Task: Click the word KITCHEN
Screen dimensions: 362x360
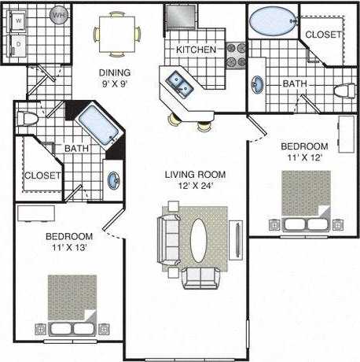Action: tap(196, 50)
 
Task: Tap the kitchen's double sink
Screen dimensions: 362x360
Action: tap(177, 82)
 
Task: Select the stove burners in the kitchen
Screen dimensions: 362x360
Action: tap(233, 54)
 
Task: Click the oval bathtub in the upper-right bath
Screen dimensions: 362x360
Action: tap(271, 20)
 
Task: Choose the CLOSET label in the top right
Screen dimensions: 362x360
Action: tap(322, 34)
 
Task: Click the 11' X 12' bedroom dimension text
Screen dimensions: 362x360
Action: tap(304, 157)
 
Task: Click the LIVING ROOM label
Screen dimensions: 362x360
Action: tap(195, 174)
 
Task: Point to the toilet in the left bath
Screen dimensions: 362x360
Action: tap(28, 120)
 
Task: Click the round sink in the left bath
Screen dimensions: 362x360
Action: tap(115, 179)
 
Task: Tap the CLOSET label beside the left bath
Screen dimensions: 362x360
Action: tap(42, 175)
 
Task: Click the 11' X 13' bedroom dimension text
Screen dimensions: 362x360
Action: tap(69, 247)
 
